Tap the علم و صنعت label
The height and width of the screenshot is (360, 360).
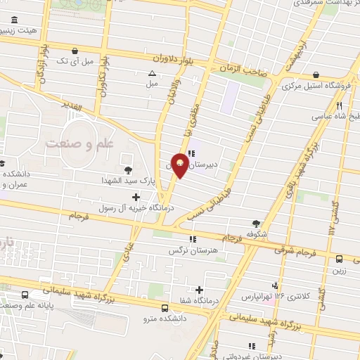79,143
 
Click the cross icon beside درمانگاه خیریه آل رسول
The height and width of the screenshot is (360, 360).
136,197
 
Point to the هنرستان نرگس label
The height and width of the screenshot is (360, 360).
189,250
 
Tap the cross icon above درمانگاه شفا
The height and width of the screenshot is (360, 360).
200,290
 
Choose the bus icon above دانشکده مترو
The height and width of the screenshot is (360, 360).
165,307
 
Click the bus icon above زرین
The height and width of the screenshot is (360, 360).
340,259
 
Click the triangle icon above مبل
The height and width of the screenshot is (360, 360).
152,72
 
